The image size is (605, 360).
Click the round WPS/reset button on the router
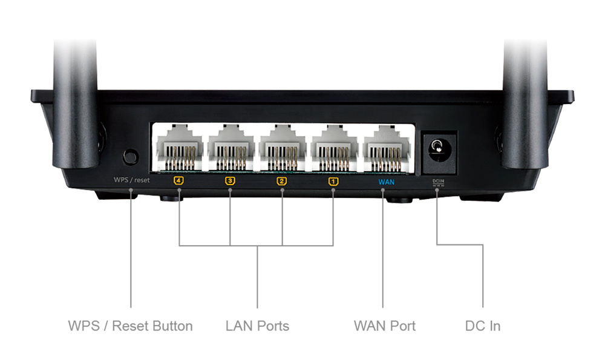(131, 157)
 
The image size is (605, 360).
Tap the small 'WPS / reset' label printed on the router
(131, 180)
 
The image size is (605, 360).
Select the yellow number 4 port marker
(178, 180)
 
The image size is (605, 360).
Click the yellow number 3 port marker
(230, 180)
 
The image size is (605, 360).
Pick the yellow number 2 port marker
(282, 181)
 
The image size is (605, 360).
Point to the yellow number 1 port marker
(333, 182)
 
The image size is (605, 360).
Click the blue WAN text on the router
(386, 182)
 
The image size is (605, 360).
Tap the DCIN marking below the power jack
(438, 182)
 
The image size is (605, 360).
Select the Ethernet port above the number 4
(180, 148)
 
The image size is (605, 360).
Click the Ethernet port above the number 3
(231, 148)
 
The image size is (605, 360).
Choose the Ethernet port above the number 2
(283, 148)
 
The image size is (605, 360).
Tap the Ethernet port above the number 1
(335, 148)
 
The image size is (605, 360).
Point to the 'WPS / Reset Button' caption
(131, 326)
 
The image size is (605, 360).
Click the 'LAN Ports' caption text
(257, 326)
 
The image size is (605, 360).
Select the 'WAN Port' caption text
(385, 326)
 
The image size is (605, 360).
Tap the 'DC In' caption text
(483, 326)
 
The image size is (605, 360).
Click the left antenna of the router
(75, 104)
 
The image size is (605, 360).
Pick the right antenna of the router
(525, 104)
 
